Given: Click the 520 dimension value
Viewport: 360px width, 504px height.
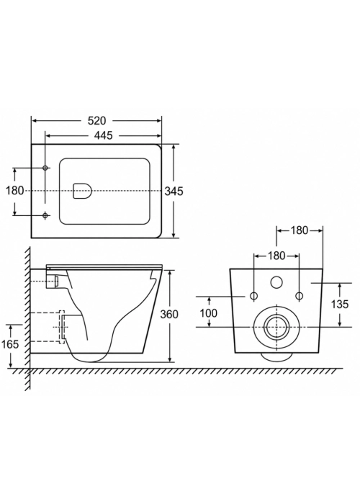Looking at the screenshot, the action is [x=96, y=120].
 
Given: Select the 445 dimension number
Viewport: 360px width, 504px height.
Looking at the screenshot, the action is [x=104, y=135].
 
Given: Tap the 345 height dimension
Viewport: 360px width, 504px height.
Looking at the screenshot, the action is [x=174, y=192].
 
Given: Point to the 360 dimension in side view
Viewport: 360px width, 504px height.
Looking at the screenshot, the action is [x=169, y=314].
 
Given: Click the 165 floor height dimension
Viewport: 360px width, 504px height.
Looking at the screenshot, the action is [x=10, y=344].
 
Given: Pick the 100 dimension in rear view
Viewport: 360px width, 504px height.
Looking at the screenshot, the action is [x=209, y=312].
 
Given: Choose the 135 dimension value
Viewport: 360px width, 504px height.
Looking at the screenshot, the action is [x=340, y=304].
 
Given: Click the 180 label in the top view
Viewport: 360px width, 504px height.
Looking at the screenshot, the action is [x=15, y=191].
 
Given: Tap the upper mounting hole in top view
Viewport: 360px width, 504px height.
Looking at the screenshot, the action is [x=45, y=168].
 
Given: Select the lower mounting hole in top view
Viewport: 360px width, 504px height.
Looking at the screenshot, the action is [x=45, y=215].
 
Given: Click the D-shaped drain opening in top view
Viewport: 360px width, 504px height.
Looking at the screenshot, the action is [x=83, y=191].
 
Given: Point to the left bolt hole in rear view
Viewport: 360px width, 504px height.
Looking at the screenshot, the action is [x=254, y=296].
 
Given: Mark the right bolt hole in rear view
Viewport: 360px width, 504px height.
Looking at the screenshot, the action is [x=300, y=296].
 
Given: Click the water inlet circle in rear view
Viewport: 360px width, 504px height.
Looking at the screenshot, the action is [x=276, y=282].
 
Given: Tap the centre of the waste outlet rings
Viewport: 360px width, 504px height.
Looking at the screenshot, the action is [x=276, y=327].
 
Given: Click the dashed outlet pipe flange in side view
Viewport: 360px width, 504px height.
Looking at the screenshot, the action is [x=62, y=327].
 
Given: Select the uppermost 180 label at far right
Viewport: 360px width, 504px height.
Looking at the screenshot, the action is [x=300, y=230].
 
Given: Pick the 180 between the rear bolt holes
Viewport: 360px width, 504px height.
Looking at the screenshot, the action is [x=276, y=256].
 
